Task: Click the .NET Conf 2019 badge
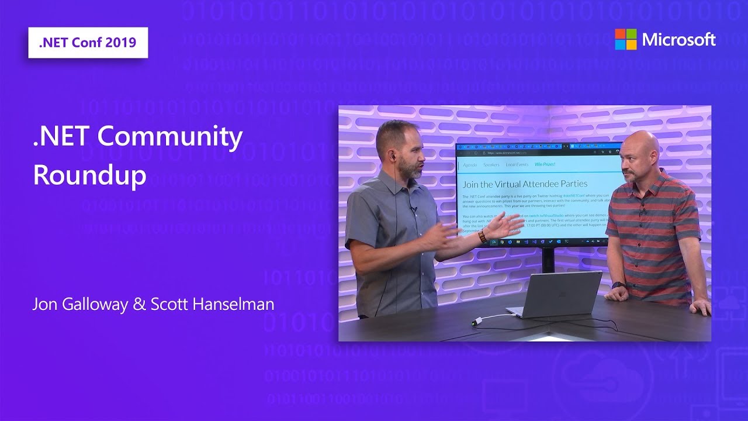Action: (x=88, y=43)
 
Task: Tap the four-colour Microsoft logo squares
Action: (x=625, y=39)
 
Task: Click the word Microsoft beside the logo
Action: (x=678, y=40)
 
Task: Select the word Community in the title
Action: (x=170, y=137)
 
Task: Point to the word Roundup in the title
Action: (x=89, y=175)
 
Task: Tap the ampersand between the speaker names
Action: (x=140, y=305)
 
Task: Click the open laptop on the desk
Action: (x=555, y=294)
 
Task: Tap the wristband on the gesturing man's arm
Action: (x=482, y=236)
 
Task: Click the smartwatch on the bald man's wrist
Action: (x=619, y=285)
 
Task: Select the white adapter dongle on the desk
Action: (x=477, y=320)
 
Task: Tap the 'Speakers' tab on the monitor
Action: (x=491, y=165)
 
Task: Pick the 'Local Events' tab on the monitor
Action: (x=517, y=165)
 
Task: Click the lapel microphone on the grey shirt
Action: (x=413, y=209)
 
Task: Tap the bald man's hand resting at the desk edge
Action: (x=699, y=306)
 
